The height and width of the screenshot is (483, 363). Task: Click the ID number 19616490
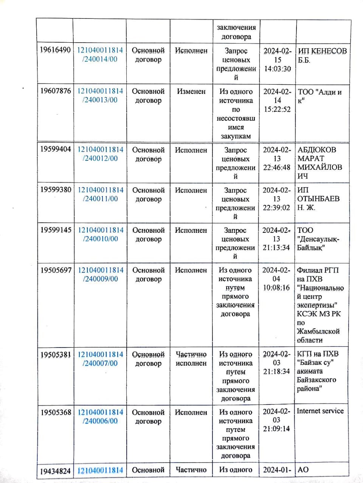click(55, 50)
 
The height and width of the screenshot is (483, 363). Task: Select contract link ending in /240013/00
click(100, 95)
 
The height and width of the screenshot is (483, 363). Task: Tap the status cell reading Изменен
click(191, 91)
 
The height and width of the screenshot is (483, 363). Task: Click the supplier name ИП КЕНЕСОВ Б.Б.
click(322, 55)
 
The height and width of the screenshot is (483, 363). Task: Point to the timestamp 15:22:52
click(277, 109)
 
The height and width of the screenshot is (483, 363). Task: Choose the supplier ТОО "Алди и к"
click(320, 96)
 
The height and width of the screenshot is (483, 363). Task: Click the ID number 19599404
click(56, 149)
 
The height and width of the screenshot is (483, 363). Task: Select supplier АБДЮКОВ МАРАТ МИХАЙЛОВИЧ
click(320, 163)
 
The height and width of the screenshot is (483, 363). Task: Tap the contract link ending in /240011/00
click(100, 194)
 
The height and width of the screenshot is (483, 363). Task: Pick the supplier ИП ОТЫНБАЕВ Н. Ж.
click(318, 198)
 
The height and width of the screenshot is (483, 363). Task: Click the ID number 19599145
click(56, 230)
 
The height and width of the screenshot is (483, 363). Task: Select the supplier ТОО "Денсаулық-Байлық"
click(318, 238)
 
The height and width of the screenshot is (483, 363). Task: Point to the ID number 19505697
click(56, 270)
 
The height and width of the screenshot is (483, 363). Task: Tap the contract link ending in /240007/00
click(100, 359)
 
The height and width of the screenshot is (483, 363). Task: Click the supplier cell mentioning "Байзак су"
click(317, 371)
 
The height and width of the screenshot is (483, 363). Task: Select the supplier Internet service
click(320, 411)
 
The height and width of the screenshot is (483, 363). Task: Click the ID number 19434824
click(56, 471)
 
